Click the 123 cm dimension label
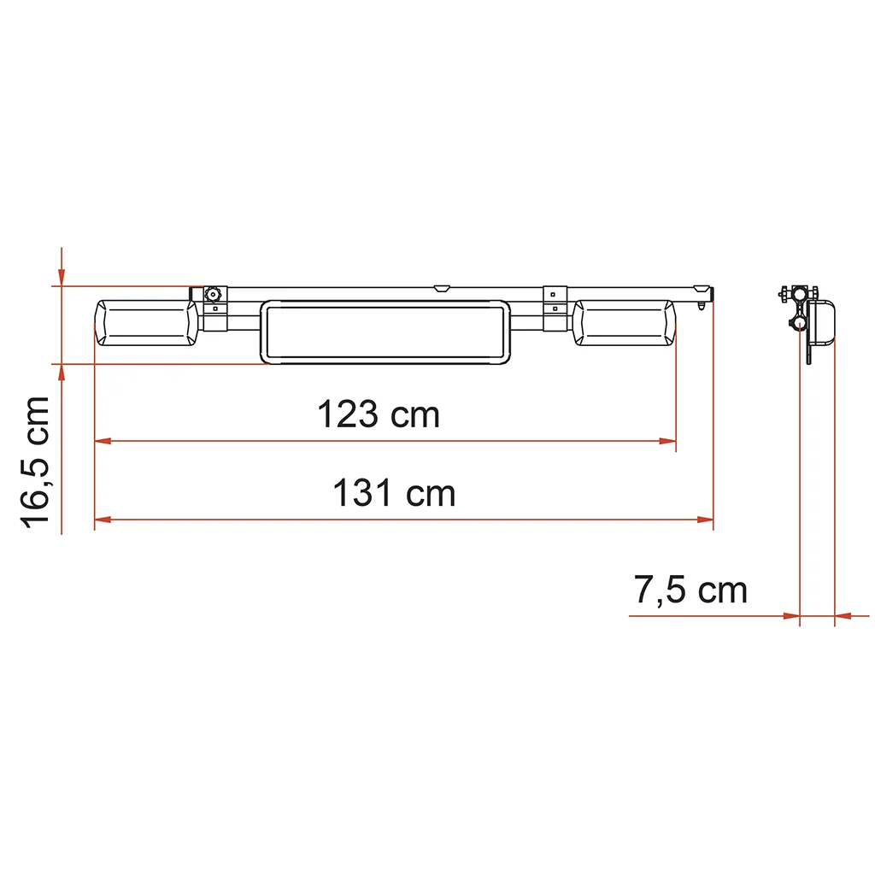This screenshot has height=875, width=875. pyautogui.click(x=379, y=414)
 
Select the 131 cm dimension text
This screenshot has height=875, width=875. pyautogui.click(x=394, y=493)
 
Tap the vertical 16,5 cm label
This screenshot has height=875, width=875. pyautogui.click(x=34, y=462)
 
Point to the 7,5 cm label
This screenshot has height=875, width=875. pyautogui.click(x=690, y=590)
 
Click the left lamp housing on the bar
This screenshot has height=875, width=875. pyautogui.click(x=146, y=323)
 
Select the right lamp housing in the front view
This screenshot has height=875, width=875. pyautogui.click(x=625, y=323)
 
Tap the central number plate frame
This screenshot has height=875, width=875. pyautogui.click(x=385, y=332)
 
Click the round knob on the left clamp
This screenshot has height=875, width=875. pyautogui.click(x=213, y=294)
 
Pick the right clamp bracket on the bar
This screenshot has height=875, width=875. pyautogui.click(x=555, y=308)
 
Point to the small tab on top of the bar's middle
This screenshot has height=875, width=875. pyautogui.click(x=442, y=289)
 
